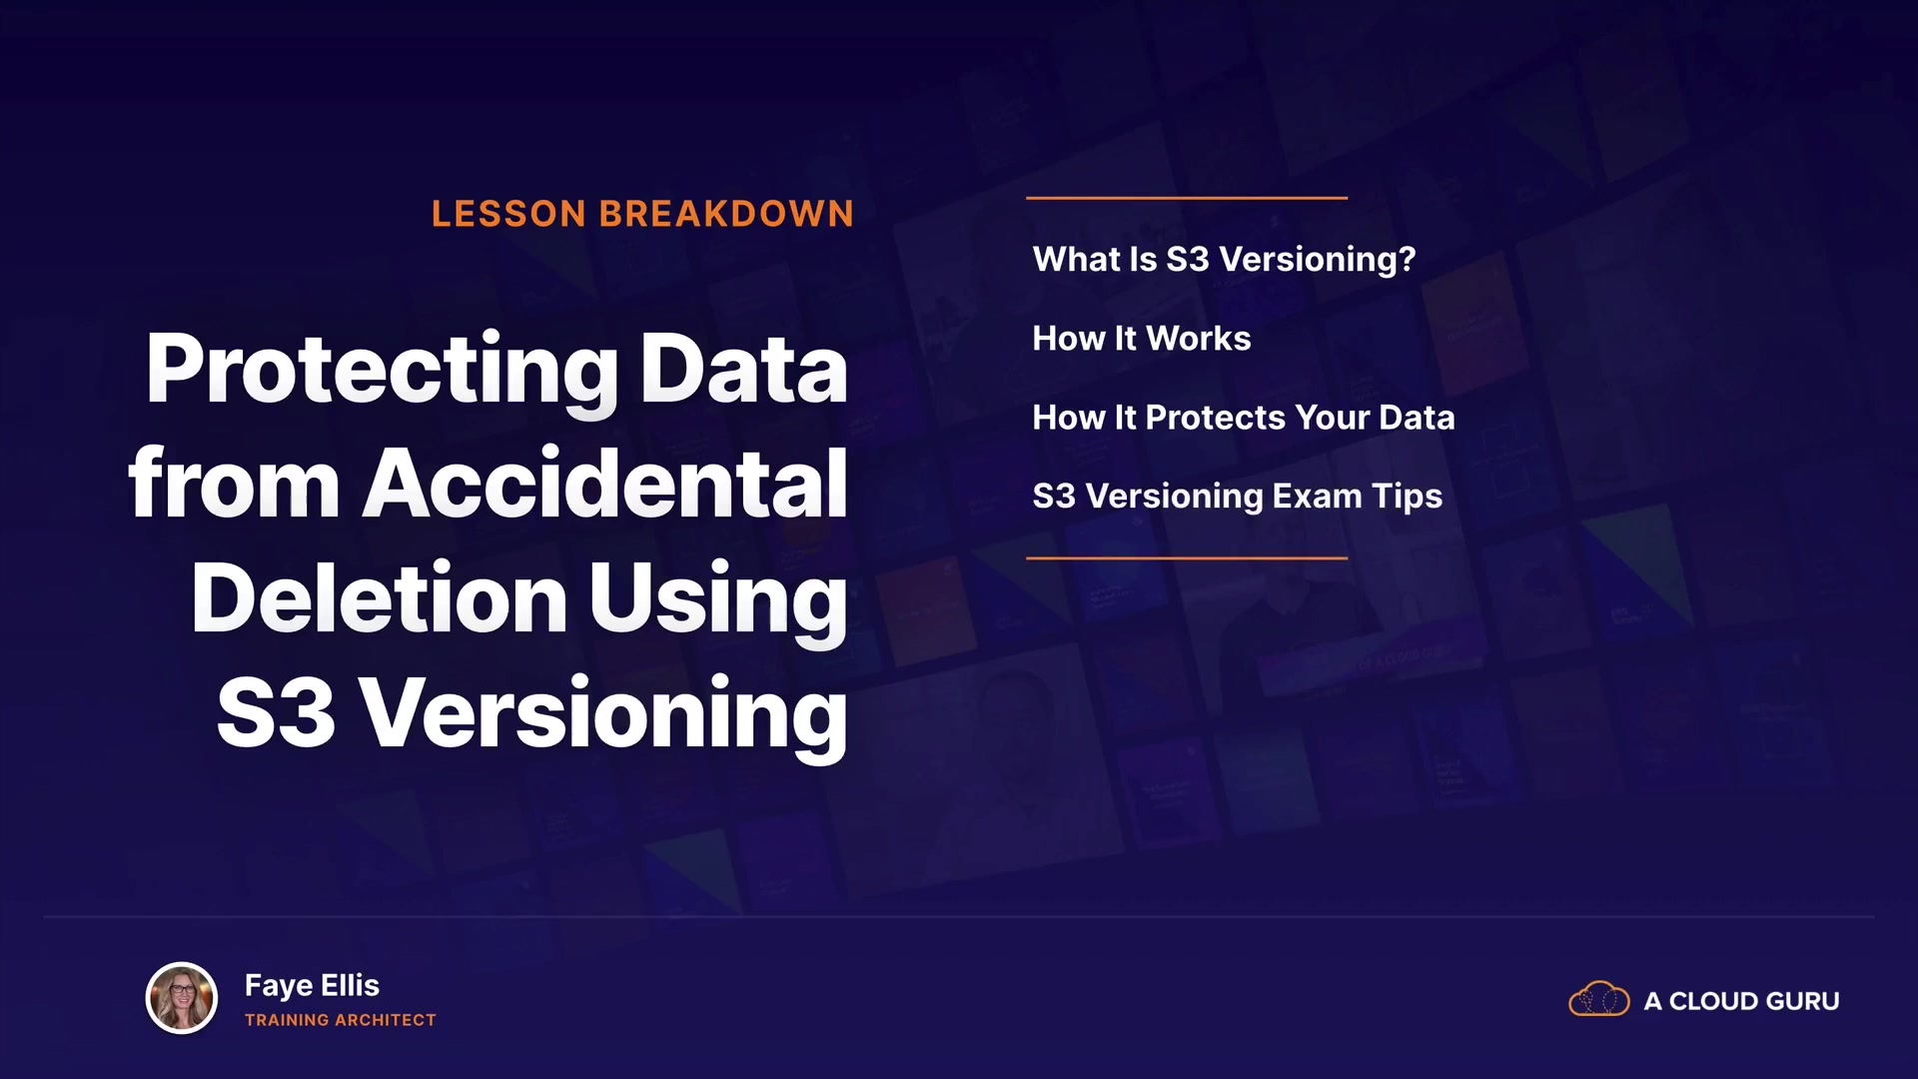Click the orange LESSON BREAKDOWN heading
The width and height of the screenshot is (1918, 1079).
642,214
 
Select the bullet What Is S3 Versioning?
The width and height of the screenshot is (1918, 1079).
1224,259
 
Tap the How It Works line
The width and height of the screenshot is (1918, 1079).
1141,338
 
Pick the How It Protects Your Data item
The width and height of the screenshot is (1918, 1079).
1243,417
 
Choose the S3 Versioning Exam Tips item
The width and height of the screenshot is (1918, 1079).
1237,497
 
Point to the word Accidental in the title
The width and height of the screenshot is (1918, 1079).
605,484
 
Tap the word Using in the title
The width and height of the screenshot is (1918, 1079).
718,601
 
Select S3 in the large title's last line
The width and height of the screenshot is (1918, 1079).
276,713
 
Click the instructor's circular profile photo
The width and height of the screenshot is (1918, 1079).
182,998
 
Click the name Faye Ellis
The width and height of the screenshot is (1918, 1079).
312,986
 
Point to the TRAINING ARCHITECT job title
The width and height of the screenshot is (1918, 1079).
341,1020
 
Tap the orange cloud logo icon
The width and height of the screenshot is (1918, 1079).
1598,999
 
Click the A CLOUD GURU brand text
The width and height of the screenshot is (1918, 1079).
1741,1001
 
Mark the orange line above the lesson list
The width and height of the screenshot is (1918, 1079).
1187,198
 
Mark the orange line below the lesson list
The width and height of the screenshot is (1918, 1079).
1187,557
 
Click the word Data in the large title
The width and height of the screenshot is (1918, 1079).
744,370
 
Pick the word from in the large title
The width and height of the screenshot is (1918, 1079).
235,484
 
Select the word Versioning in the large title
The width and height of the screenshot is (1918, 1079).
603,715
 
